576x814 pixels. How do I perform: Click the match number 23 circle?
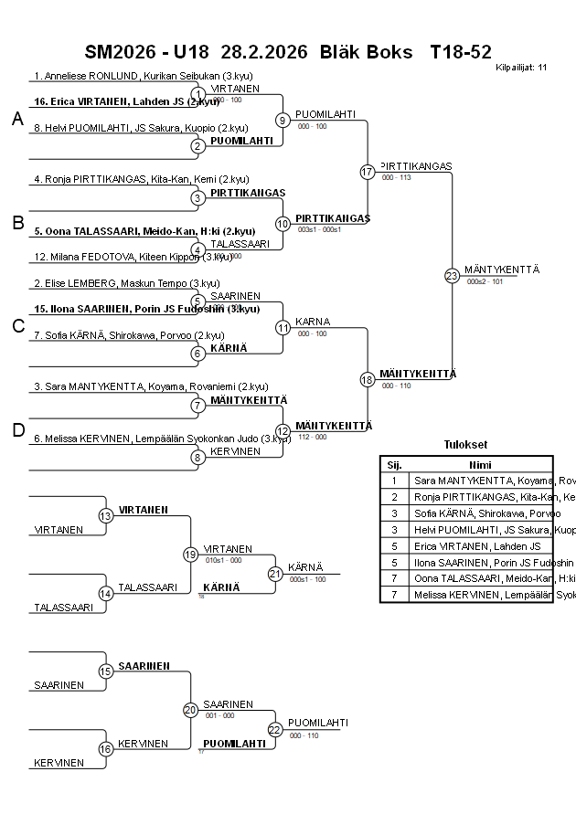[452, 276]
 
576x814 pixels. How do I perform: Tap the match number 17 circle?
[368, 172]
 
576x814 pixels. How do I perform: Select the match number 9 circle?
[283, 120]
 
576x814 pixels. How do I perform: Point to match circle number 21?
[275, 574]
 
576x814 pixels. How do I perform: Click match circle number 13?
[106, 516]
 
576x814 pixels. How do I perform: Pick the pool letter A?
[16, 119]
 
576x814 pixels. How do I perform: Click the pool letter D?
[16, 430]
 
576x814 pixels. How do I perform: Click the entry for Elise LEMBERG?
[126, 283]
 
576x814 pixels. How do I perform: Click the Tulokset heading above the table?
[465, 445]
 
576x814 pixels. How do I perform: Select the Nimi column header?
[479, 464]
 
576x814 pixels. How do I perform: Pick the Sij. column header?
[394, 464]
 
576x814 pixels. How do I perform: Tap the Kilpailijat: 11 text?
[521, 67]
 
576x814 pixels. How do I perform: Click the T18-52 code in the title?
[461, 52]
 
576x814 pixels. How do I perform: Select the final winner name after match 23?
[502, 270]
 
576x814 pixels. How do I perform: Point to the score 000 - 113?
[396, 177]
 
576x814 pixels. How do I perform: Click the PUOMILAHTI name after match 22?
[317, 723]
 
